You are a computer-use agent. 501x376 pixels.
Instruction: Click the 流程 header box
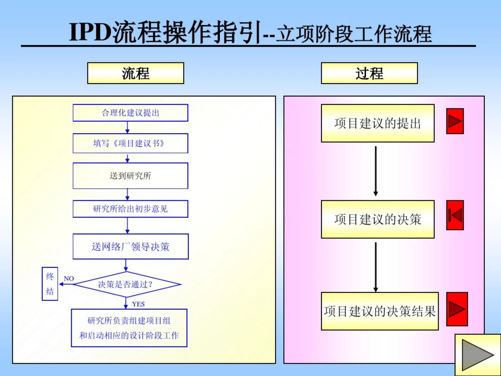(x=136, y=73)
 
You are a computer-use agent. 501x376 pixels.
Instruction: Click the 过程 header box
(x=369, y=73)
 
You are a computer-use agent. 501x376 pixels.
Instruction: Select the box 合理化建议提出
(x=130, y=113)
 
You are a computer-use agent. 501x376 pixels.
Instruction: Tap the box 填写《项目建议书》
(x=130, y=143)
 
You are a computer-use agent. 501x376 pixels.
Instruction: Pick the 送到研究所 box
(x=130, y=176)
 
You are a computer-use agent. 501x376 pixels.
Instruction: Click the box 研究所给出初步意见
(x=130, y=209)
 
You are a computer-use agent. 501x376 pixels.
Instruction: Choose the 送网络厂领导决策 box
(x=130, y=247)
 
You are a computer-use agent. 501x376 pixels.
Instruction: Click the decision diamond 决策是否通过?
(x=127, y=284)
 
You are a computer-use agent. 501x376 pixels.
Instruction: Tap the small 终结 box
(x=50, y=284)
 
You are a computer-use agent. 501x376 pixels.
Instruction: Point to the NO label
(x=69, y=278)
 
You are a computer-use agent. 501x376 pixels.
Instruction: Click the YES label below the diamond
(x=138, y=304)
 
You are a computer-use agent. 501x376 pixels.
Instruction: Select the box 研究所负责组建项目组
(x=129, y=328)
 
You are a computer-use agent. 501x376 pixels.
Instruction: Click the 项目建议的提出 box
(x=378, y=123)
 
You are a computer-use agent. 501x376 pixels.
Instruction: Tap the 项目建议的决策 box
(x=378, y=219)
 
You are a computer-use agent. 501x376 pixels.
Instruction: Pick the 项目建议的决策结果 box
(x=380, y=311)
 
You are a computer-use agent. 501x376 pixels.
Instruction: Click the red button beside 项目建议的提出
(x=455, y=121)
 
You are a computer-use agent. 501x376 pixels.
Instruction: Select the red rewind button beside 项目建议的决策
(x=455, y=215)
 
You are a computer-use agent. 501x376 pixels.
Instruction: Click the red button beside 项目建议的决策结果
(x=457, y=309)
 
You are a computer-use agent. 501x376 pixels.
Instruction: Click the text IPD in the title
(x=90, y=32)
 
